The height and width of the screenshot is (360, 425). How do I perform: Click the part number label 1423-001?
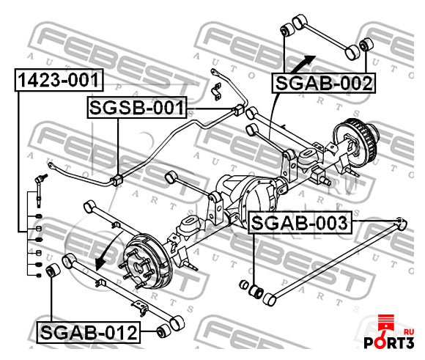click(x=59, y=80)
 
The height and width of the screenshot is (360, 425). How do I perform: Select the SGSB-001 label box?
click(x=137, y=108)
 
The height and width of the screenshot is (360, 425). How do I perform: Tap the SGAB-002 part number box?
click(x=324, y=83)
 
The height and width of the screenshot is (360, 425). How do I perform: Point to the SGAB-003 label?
click(x=300, y=223)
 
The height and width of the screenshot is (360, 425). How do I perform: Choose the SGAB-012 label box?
click(x=89, y=332)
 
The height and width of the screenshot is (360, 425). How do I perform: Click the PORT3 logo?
click(x=389, y=333)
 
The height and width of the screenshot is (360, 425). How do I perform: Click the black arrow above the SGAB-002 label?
click(x=303, y=64)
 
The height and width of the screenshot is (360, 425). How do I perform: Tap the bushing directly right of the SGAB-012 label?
click(x=163, y=331)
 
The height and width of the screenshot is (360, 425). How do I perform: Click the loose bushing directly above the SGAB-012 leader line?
click(x=53, y=270)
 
